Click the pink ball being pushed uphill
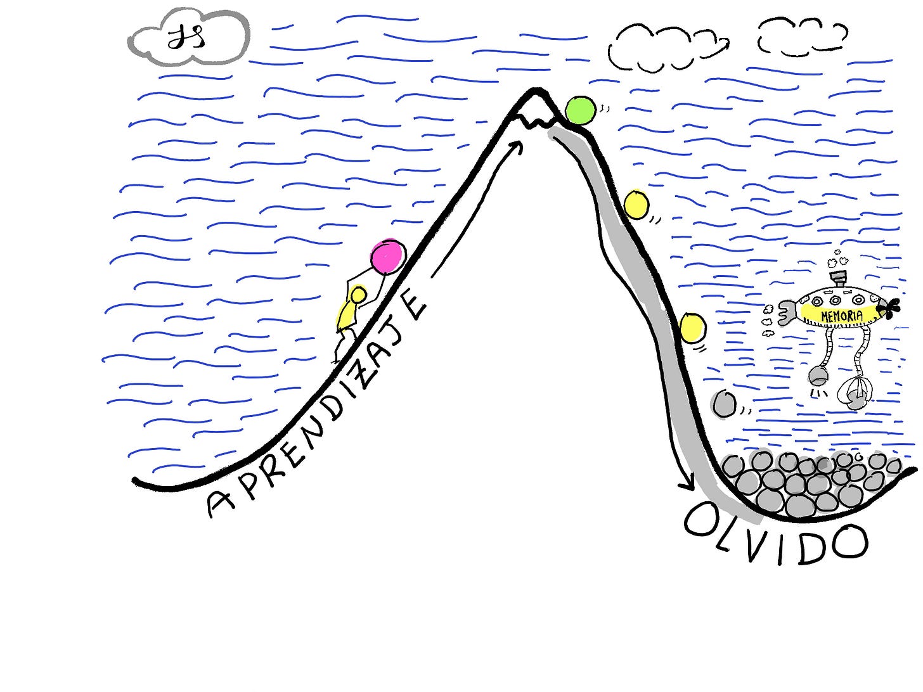387,257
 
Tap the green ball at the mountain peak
580,110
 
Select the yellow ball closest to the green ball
636,204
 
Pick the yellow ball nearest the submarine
692,328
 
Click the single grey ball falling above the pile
723,404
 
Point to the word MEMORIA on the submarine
841,315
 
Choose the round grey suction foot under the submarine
817,376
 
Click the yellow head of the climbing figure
358,295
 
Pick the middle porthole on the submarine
835,300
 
